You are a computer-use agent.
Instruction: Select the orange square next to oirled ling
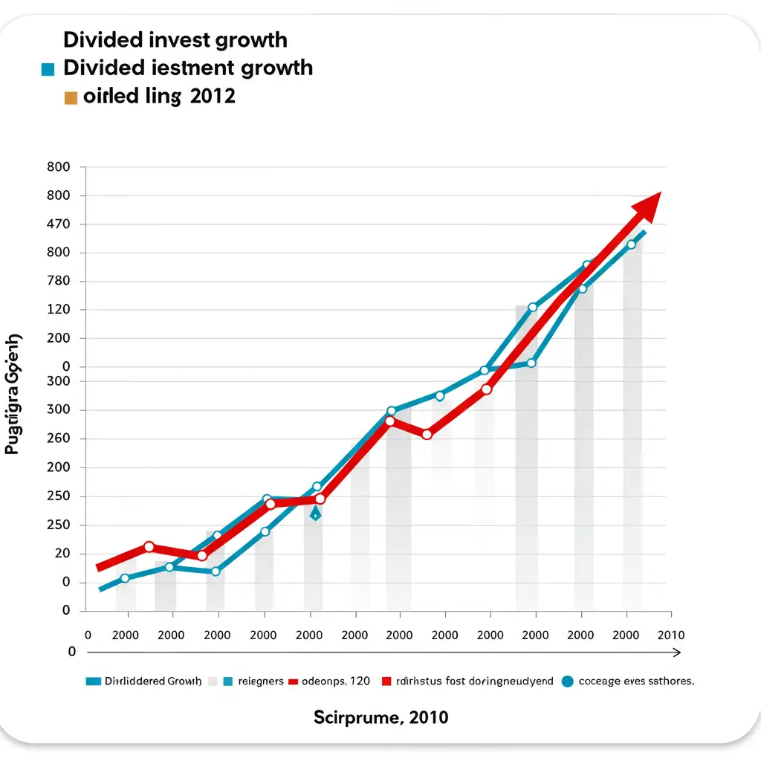coord(71,97)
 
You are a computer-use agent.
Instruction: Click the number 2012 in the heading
coord(212,97)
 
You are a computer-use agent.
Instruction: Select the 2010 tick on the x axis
coord(670,635)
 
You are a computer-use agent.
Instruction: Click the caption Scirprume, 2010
coord(380,717)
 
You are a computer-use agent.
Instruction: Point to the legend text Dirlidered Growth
coord(153,681)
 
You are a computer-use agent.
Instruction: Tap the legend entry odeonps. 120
coord(336,681)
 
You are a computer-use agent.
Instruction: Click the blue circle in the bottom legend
coord(569,681)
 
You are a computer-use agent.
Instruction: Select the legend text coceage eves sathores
coord(636,681)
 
